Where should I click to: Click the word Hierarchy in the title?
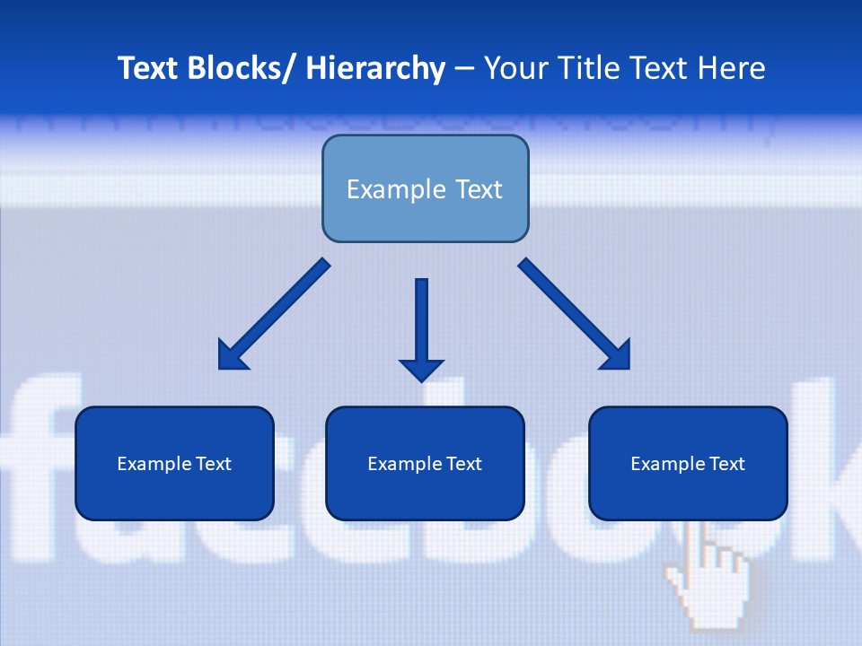tap(375, 68)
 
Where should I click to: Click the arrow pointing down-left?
tap(274, 314)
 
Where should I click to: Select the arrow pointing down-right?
tap(575, 314)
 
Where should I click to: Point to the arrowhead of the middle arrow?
tap(421, 369)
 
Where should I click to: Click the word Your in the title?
tap(513, 68)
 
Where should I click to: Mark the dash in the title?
tap(464, 68)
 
